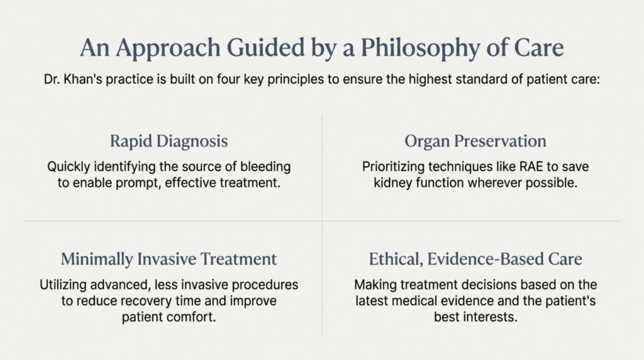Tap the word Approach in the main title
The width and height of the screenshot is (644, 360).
[x=169, y=48]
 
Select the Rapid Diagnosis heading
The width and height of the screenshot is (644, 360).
[x=169, y=142]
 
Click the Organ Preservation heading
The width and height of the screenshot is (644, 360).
[x=475, y=142]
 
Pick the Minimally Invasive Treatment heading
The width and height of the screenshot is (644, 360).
[x=169, y=259]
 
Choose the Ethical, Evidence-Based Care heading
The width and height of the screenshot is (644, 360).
[x=475, y=259]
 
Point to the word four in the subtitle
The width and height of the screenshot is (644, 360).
[x=229, y=79]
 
